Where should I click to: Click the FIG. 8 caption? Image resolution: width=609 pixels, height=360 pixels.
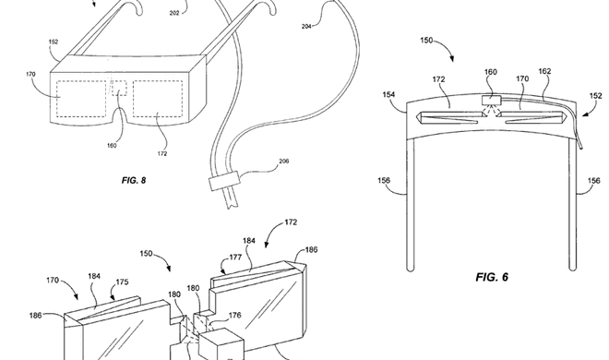click(134, 180)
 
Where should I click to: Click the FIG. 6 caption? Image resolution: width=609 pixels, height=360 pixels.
click(492, 277)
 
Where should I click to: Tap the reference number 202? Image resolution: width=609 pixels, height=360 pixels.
click(174, 13)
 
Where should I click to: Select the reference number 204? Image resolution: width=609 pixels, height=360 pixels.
click(306, 27)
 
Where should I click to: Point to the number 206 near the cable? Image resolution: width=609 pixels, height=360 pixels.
click(284, 162)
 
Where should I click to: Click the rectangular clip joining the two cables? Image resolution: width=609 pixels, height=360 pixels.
click(224, 181)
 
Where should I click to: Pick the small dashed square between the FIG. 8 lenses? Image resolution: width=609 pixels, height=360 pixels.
click(119, 89)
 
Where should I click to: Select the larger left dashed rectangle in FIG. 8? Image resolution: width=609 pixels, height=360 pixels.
click(81, 99)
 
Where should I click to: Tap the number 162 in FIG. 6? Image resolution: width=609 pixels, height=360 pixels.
click(544, 71)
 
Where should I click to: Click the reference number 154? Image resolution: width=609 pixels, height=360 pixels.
click(388, 94)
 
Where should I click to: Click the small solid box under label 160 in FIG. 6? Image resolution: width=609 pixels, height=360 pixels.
click(491, 101)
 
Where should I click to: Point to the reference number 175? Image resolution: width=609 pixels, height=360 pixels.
click(122, 282)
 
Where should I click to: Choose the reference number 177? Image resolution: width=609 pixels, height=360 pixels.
click(235, 258)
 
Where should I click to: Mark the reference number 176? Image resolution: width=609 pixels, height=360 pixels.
click(234, 316)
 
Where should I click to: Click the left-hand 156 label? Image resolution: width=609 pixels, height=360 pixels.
click(384, 180)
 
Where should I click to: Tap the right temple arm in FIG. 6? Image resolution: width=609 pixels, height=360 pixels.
click(572, 204)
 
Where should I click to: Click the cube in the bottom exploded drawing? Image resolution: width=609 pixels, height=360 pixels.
click(221, 344)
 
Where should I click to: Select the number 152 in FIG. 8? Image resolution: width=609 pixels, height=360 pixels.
click(54, 42)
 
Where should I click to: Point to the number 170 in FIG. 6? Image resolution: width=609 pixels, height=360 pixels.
click(522, 78)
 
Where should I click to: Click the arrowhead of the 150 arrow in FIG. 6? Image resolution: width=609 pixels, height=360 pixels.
click(452, 59)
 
